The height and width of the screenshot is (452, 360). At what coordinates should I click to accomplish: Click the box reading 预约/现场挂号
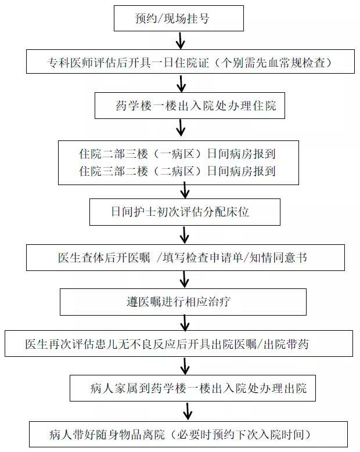[x=179, y=18]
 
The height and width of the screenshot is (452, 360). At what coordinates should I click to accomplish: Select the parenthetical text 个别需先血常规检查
[x=273, y=63]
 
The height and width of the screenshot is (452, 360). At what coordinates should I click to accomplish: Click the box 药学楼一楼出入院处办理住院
[x=190, y=106]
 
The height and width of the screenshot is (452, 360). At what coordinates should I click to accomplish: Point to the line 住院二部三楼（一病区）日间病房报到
[x=177, y=154]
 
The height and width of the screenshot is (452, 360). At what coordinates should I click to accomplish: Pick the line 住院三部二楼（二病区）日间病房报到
[x=177, y=171]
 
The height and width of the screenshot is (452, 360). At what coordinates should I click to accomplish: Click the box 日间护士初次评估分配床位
[x=185, y=212]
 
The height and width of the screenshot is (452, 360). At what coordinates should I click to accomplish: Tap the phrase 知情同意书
[x=278, y=258]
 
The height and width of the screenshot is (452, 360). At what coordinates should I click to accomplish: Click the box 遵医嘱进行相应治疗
[x=183, y=302]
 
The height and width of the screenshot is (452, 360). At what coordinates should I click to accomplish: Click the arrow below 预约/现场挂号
[x=180, y=40]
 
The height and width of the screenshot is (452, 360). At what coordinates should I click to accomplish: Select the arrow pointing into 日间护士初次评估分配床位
[x=185, y=190]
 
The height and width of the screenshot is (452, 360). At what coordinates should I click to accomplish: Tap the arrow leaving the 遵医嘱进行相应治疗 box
[x=185, y=323]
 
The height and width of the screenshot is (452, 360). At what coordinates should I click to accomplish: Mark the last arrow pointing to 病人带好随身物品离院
[x=188, y=411]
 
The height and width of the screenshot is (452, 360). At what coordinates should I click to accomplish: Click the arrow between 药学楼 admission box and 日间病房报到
[x=181, y=128]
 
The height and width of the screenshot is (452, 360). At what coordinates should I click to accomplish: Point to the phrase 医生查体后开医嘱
[x=104, y=258]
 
